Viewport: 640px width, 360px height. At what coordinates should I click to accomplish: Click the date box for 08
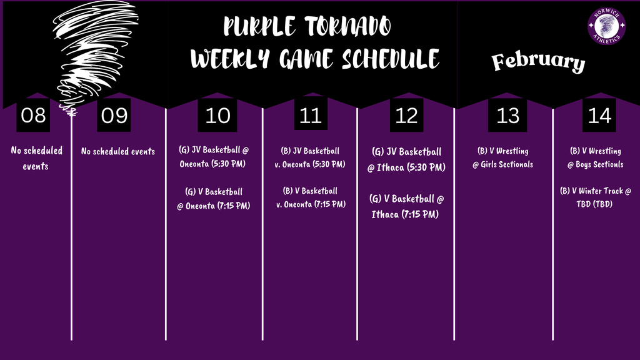(x=33, y=116)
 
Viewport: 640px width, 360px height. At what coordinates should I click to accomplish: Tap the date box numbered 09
(x=114, y=116)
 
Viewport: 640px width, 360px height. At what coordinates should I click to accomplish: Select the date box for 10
(x=217, y=116)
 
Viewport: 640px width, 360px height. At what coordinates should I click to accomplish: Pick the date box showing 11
(x=311, y=116)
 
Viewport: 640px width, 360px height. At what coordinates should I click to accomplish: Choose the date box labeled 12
(x=407, y=116)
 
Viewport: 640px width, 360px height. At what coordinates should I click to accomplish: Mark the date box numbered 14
(x=599, y=116)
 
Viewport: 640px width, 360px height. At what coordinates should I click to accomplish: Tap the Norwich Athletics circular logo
(x=606, y=27)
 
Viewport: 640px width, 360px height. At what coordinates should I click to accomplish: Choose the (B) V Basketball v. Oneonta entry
(x=311, y=197)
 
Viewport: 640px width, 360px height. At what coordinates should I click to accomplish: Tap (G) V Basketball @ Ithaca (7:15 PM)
(x=406, y=206)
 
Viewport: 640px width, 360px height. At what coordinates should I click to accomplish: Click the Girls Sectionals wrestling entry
(x=503, y=157)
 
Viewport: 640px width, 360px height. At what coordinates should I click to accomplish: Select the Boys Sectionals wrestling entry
(x=595, y=157)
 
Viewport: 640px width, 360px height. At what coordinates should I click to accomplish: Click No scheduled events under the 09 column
(x=118, y=151)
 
